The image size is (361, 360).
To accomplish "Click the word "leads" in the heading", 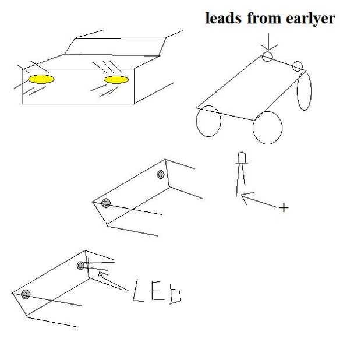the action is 224,18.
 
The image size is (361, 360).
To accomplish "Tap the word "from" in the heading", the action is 264,18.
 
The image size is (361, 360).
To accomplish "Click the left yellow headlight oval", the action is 41,79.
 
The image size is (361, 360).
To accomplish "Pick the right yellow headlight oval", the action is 116,80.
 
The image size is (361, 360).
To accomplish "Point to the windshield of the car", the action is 115,47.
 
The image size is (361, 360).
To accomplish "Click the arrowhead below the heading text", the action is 268,47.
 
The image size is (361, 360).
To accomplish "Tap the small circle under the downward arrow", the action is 267,57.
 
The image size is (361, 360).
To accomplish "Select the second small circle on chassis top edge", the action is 298,66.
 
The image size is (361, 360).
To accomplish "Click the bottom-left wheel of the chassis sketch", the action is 208,121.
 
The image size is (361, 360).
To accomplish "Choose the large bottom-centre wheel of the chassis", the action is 267,128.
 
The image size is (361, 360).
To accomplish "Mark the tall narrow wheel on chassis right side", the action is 304,90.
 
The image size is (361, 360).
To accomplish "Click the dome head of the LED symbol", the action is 242,157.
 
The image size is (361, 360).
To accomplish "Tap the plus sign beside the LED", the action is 284,207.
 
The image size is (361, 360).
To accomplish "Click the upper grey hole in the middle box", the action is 161,174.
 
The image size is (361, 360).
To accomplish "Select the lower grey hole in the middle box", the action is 105,203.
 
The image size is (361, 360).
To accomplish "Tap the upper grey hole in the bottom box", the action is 80,266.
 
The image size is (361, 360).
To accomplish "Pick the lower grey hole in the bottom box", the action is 26,294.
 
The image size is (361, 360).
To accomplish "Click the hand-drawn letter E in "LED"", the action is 158,293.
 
